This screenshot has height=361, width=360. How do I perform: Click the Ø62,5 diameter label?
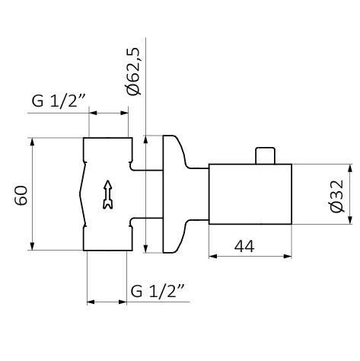(133, 72)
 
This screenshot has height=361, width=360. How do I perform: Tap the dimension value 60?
(21, 196)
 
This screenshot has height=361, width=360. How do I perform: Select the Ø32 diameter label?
(337, 196)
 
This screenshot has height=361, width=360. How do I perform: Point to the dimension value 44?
(244, 246)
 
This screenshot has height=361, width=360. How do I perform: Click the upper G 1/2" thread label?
(59, 101)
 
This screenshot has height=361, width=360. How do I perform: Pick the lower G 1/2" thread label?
(158, 292)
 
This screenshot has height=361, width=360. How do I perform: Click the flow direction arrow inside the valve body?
(108, 195)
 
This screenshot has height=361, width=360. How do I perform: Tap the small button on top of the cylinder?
(265, 155)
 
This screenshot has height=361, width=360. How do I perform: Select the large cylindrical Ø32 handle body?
(250, 194)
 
